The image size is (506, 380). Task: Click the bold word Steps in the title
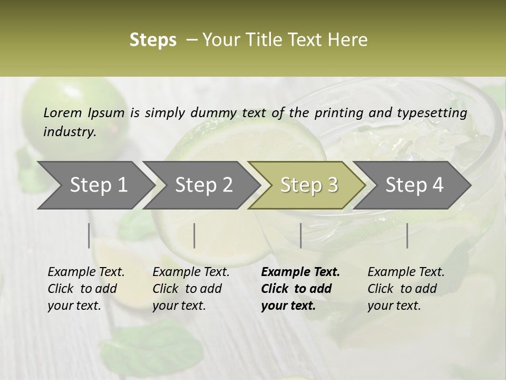point(153,40)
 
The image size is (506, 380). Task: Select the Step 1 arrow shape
point(95,185)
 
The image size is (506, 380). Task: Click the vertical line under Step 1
point(89,235)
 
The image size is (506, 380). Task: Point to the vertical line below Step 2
point(194,235)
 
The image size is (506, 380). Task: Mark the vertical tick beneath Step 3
point(300,235)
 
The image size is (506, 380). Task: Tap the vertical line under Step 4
point(407,235)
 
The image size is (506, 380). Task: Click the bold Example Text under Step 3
point(300,272)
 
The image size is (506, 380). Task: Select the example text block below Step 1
point(86,289)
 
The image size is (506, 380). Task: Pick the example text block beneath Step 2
point(191,289)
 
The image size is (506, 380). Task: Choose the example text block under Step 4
point(406,289)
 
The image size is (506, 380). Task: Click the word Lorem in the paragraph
point(63,112)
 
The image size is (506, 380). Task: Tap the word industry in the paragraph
point(70,132)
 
